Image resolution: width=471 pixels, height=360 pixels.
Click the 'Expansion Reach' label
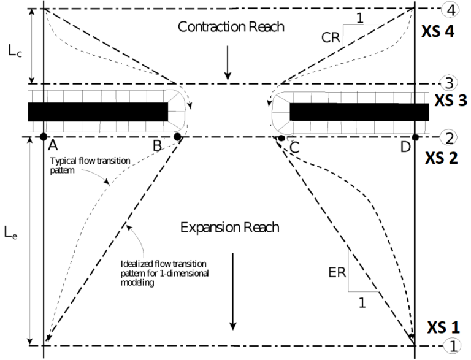[230, 227]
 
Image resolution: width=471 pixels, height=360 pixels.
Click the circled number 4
[451, 9]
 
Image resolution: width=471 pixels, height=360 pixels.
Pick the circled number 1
[451, 346]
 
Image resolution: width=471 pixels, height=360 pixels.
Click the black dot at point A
[44, 136]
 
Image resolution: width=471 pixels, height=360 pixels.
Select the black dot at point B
[177, 137]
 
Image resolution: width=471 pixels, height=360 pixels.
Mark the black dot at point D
[415, 137]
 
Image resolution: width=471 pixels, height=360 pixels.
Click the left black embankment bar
[98, 112]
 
